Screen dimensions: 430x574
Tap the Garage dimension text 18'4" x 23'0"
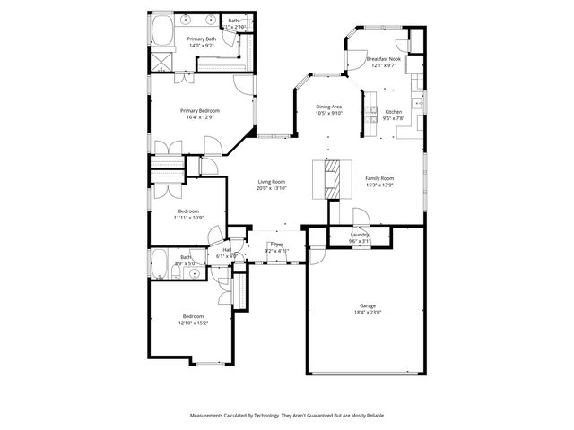coord(368,313)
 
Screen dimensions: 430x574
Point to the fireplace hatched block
coord(332,180)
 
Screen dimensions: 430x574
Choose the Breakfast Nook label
coord(383,58)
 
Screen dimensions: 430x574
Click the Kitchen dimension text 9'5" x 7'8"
coord(394,118)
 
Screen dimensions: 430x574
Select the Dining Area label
coord(329,107)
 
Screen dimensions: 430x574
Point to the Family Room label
coord(379,178)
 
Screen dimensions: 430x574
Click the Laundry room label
coord(360,234)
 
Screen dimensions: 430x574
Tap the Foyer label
coord(277,244)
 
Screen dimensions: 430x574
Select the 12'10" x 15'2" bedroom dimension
coord(195,322)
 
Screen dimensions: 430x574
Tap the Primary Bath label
coord(202,39)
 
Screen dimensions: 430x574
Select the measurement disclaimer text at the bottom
coord(286,416)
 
